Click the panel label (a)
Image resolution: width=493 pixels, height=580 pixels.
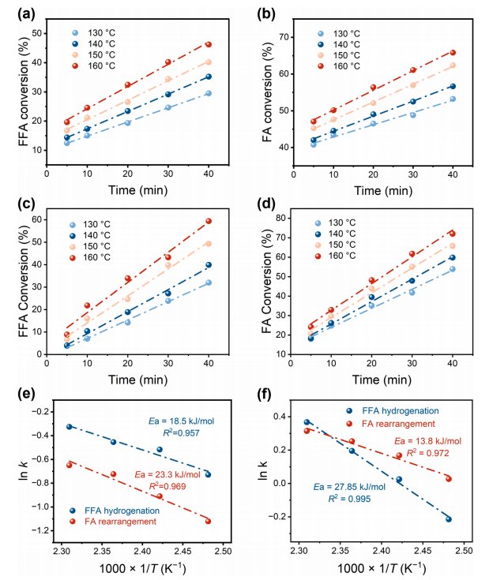18,12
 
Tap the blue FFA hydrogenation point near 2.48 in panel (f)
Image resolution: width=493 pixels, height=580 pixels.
448,519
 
